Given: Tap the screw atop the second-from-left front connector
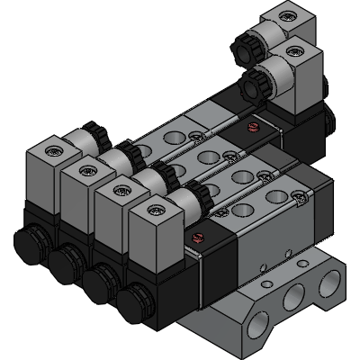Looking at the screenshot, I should pos(87,169).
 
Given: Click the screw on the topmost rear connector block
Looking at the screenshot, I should pos(286,15).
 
